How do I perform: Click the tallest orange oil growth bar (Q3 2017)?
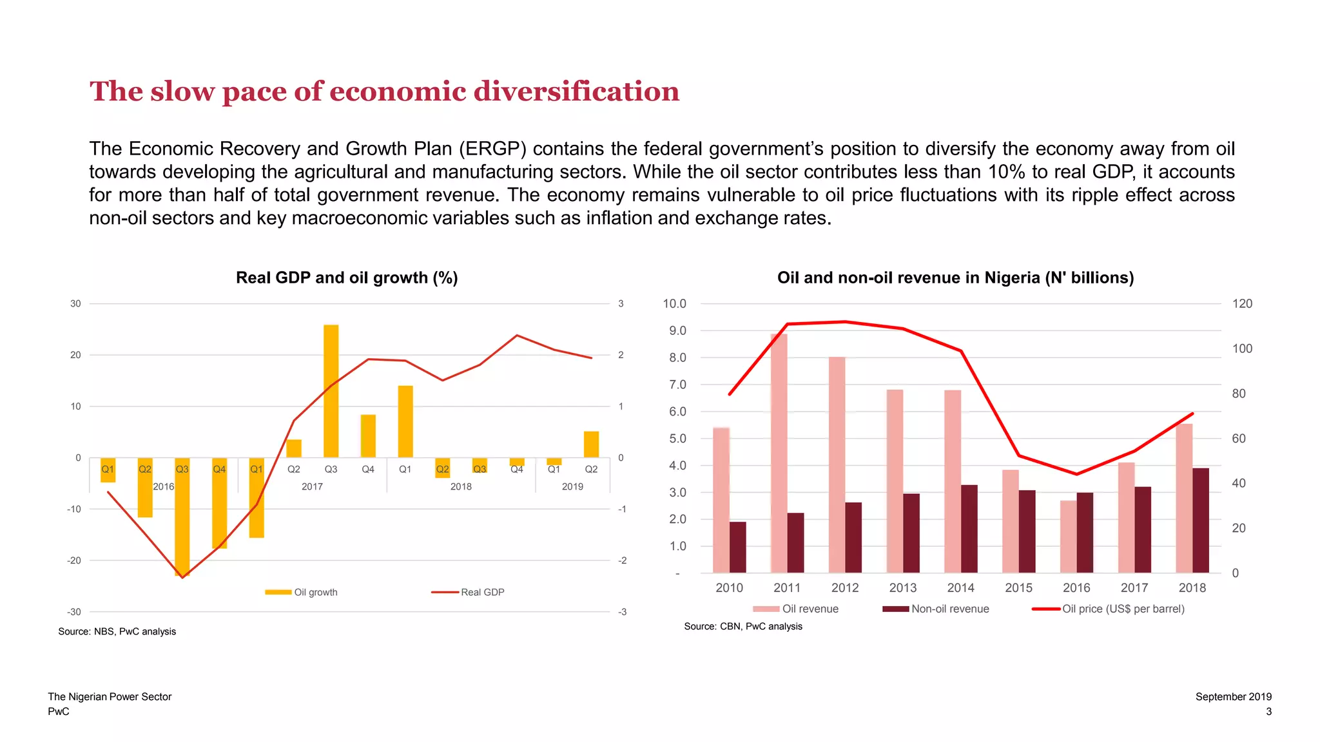(331, 391)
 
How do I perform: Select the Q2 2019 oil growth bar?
(591, 444)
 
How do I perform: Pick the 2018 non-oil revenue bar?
(1201, 520)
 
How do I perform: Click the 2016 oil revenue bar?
(1068, 537)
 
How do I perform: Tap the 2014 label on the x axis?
(960, 587)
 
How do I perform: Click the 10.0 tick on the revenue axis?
(674, 303)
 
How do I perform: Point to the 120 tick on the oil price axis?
(1242, 303)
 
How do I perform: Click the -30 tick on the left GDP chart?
(75, 612)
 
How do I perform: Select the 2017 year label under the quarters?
(312, 486)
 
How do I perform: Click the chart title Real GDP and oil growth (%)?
(347, 278)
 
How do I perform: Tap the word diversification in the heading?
(576, 91)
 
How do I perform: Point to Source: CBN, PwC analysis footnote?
(742, 626)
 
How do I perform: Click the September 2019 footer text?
(1233, 696)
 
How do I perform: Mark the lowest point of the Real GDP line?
(182, 577)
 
